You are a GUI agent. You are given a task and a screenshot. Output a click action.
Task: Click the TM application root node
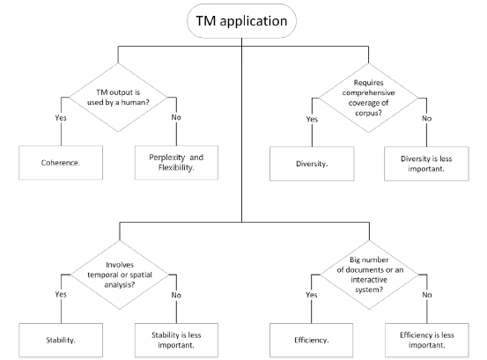click(x=241, y=21)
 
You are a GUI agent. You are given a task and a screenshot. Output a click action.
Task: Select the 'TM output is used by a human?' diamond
click(x=118, y=98)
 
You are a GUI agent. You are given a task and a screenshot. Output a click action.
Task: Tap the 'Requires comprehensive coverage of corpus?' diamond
click(x=369, y=98)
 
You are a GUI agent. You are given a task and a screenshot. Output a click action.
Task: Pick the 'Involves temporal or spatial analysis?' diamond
click(x=120, y=275)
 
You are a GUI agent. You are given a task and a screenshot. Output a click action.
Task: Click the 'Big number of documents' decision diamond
click(x=369, y=275)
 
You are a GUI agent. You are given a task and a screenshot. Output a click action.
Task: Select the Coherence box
click(x=61, y=163)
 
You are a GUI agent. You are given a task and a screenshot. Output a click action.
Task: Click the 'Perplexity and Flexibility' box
click(x=176, y=163)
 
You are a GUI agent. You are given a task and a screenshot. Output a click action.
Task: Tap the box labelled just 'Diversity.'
click(x=312, y=164)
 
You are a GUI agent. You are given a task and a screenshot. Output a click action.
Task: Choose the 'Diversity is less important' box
click(x=426, y=164)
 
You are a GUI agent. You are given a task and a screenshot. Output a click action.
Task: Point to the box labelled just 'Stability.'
click(x=61, y=340)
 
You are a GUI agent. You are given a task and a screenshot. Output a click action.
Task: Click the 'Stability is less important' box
click(x=176, y=340)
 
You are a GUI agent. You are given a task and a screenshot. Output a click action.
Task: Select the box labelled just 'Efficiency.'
click(x=311, y=340)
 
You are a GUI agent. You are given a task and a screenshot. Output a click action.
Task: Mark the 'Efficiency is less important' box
click(x=427, y=340)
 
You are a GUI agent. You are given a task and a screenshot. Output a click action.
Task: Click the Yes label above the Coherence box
click(x=61, y=118)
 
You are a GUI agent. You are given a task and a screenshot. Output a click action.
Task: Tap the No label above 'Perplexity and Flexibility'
click(x=176, y=117)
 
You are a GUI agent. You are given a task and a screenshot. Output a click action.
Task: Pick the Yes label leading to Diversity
click(x=312, y=119)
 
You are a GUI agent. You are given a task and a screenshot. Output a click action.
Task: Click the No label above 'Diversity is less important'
click(x=427, y=118)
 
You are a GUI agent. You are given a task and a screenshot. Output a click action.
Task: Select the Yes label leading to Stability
click(x=61, y=294)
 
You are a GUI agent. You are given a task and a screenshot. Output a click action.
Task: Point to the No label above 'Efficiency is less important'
click(x=427, y=295)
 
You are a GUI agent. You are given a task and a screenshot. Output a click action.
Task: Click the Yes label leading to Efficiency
click(x=311, y=295)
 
